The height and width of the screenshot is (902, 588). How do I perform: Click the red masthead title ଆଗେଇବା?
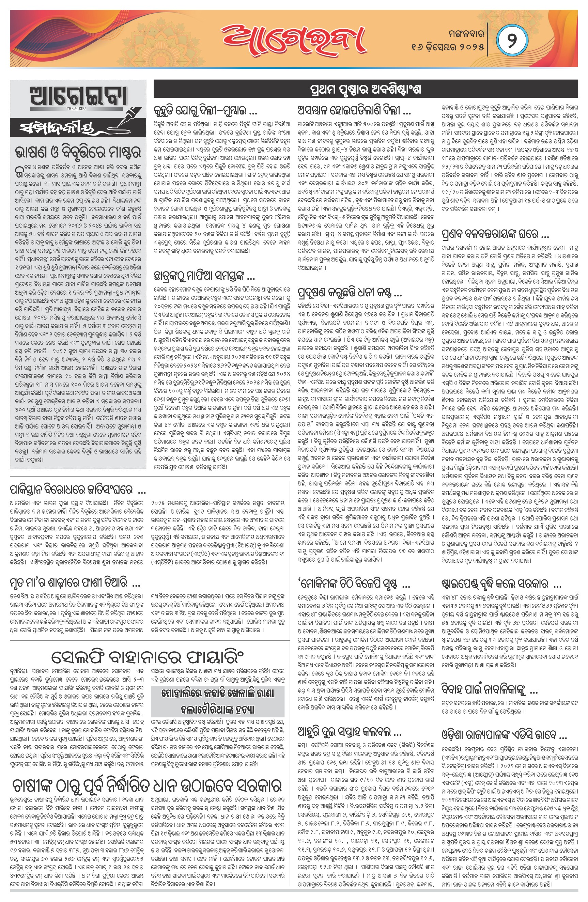click(x=294, y=40)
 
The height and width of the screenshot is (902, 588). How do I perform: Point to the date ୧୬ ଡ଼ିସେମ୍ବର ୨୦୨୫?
click(x=448, y=47)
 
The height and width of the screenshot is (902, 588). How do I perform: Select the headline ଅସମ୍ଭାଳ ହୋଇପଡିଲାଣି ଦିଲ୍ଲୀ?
click(x=354, y=111)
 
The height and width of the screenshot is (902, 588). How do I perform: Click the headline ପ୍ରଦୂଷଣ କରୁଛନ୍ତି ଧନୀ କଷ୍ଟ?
click(x=350, y=293)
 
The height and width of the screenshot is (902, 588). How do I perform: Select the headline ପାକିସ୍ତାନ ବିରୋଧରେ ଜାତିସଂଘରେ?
click(x=78, y=490)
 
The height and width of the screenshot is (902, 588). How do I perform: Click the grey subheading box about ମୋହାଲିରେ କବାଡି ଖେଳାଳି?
click(x=218, y=701)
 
